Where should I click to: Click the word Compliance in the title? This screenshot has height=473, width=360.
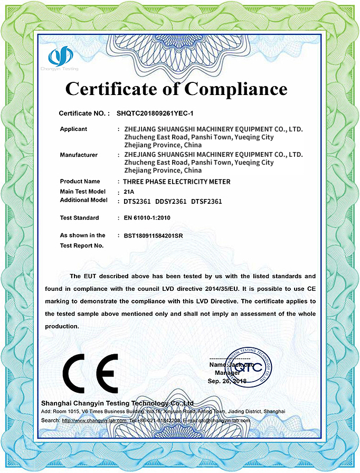click(x=236, y=88)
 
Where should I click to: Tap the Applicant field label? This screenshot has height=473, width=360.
click(x=73, y=129)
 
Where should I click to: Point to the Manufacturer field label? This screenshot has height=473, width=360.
click(x=79, y=155)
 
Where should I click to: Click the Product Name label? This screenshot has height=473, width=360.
click(x=80, y=181)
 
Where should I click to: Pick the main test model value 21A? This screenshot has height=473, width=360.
click(x=129, y=191)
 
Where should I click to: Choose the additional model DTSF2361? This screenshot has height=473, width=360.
click(x=206, y=201)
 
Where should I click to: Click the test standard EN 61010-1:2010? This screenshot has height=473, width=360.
click(x=147, y=217)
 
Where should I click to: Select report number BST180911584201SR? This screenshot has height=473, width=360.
click(x=153, y=235)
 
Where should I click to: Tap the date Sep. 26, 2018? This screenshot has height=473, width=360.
click(x=228, y=381)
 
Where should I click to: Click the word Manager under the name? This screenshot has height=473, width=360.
click(x=228, y=373)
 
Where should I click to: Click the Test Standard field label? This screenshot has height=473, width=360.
click(x=79, y=217)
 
